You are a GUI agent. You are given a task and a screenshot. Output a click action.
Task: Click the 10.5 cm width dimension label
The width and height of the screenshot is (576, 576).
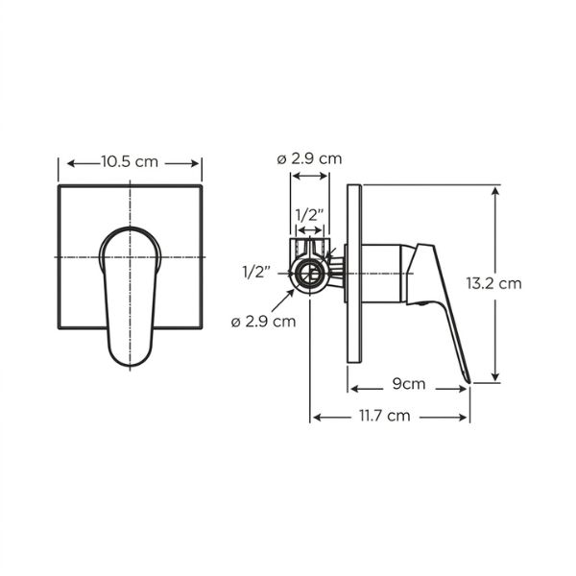(130, 161)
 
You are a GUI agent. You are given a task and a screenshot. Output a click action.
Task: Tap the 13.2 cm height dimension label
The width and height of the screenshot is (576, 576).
(493, 283)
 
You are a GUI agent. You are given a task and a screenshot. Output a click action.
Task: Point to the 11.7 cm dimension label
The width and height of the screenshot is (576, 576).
(384, 416)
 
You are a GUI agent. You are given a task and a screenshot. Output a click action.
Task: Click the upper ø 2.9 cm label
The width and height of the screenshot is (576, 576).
(309, 158)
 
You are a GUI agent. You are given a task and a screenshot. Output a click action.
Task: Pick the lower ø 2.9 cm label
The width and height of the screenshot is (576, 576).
(263, 322)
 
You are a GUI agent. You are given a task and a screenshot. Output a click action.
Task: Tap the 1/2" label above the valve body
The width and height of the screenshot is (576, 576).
(310, 215)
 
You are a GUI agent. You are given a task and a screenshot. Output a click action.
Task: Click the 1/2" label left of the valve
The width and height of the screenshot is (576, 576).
(256, 273)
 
